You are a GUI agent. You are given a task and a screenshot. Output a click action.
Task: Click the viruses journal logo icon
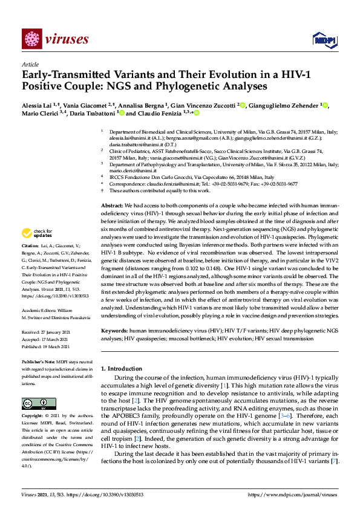click(x=31, y=39)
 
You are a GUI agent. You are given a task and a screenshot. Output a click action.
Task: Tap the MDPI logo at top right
click(x=321, y=40)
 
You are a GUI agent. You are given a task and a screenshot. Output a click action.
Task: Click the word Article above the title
click(x=30, y=64)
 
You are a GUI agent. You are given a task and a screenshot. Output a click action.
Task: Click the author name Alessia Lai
click(x=36, y=105)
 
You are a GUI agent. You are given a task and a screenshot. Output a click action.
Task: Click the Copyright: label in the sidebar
click(x=34, y=416)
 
